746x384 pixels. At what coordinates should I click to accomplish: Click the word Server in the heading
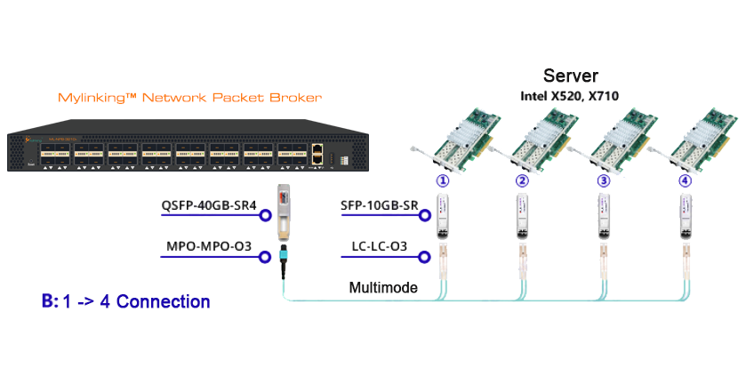coord(571,76)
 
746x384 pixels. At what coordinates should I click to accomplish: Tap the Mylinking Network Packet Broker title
coord(189,96)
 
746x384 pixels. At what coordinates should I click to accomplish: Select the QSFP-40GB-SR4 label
coord(208,206)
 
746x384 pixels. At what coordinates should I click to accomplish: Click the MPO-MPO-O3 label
coord(208,244)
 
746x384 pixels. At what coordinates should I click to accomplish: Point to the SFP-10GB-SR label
coord(380,206)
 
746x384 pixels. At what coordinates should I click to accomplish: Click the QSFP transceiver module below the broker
coord(283,212)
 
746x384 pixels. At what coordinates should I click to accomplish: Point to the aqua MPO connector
coord(284,258)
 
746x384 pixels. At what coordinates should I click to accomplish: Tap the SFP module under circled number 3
coord(604,216)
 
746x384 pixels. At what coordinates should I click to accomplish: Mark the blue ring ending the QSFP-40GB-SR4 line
coord(264,214)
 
